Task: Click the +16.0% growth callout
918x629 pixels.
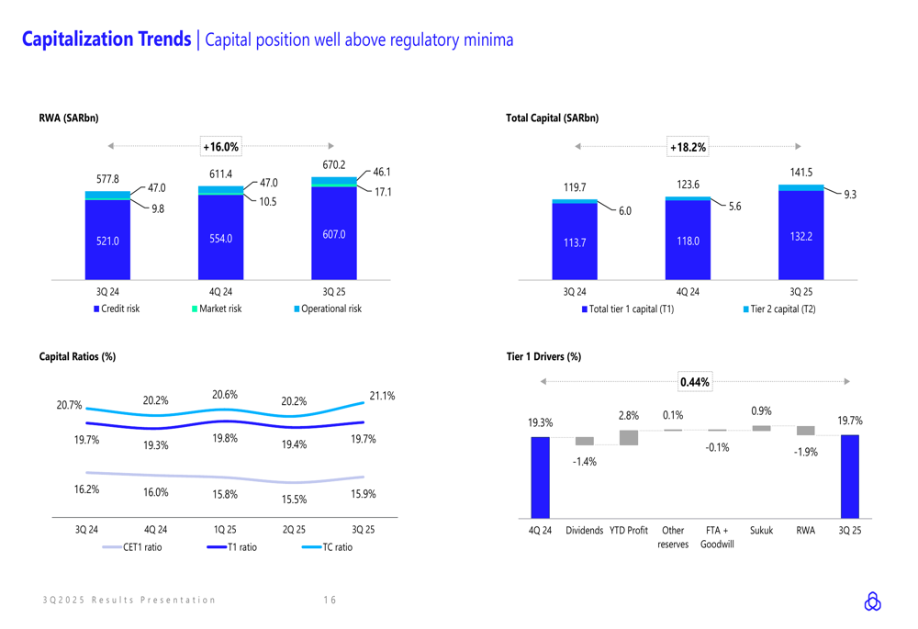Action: tap(220, 146)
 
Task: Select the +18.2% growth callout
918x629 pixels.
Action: tap(688, 147)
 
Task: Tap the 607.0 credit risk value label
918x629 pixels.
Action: tap(333, 235)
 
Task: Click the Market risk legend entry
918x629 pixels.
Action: tap(216, 309)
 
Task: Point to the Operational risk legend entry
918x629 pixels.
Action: tap(327, 309)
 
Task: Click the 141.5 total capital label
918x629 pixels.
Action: tap(801, 172)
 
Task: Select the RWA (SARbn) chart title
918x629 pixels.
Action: tap(69, 118)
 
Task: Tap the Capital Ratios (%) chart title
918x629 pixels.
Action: tap(77, 356)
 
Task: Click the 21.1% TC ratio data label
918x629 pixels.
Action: tap(382, 396)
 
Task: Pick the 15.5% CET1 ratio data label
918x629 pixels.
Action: tap(295, 500)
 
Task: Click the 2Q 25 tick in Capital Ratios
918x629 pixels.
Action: tap(295, 530)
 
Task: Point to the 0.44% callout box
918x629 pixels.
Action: tap(694, 382)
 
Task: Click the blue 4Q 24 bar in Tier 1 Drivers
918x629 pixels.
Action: tap(540, 477)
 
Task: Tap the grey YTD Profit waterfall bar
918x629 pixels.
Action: tap(629, 438)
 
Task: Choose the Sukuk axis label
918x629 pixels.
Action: tap(761, 531)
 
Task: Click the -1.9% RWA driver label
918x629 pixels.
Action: tap(805, 452)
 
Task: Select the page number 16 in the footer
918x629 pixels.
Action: tap(330, 601)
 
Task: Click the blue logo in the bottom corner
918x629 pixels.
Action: tap(872, 601)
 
